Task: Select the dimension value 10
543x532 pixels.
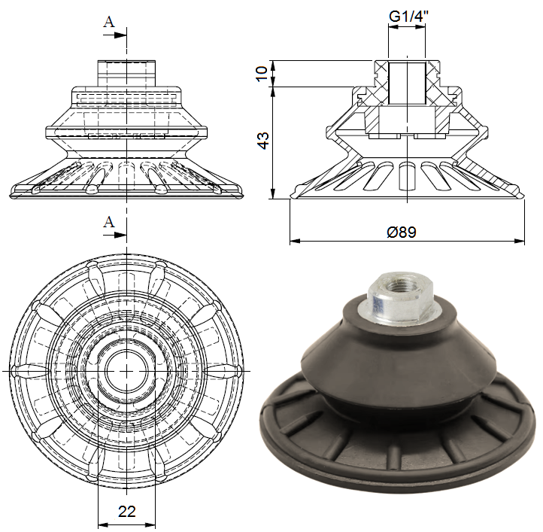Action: click(262, 73)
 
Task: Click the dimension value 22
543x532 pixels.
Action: click(127, 512)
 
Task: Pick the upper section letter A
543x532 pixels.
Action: click(109, 22)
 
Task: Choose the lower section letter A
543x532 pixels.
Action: click(109, 221)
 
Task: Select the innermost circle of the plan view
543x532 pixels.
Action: click(127, 371)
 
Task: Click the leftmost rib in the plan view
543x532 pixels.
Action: click(30, 371)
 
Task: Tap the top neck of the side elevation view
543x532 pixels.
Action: click(127, 73)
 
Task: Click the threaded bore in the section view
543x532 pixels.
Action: click(407, 83)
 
